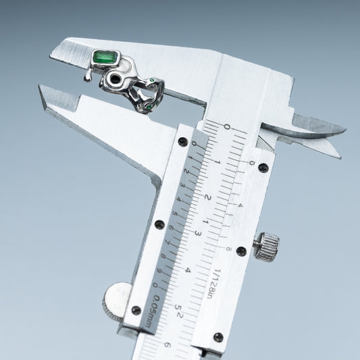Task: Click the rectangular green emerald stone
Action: (x=105, y=58)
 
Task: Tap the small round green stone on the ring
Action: (x=158, y=82)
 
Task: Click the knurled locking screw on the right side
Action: (x=267, y=247)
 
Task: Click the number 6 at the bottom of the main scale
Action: (x=167, y=344)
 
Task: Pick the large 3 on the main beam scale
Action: (x=198, y=233)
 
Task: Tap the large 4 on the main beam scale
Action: (x=187, y=269)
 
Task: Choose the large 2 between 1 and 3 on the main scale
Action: (x=208, y=198)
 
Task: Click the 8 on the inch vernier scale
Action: (x=229, y=249)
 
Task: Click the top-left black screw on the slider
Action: (x=182, y=142)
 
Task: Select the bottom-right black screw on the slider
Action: (x=217, y=336)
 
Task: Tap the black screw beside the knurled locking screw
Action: (x=240, y=251)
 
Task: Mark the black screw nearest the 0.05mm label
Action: (x=136, y=310)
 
